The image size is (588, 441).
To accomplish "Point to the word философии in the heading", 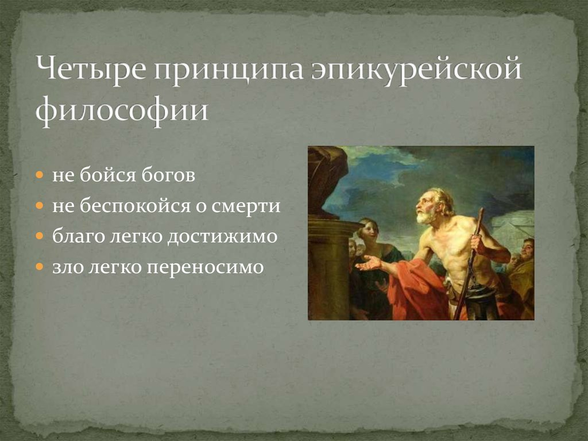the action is click(122, 109).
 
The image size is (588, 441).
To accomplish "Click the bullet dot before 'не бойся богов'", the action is click(40, 175).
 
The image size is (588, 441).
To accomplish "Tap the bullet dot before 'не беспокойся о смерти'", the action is click(40, 205).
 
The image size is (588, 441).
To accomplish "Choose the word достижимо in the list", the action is click(222, 237).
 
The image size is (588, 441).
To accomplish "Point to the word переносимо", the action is click(205, 268).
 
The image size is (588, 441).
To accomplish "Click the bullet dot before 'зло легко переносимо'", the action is click(40, 267).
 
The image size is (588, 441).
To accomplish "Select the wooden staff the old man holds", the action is click(469, 263).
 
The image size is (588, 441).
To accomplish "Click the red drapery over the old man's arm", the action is click(416, 289).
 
